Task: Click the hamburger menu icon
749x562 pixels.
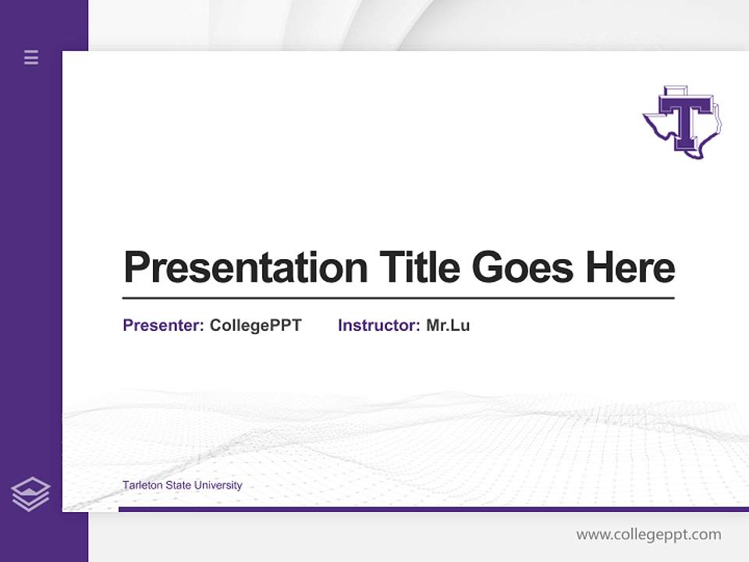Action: point(31,57)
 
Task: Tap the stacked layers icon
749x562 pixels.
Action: point(30,494)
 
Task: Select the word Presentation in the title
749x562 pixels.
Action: point(246,268)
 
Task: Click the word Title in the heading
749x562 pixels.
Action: point(419,267)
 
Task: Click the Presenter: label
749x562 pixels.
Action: point(163,325)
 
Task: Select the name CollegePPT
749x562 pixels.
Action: point(255,325)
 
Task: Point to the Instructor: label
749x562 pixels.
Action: point(378,325)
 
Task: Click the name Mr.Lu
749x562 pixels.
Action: point(448,325)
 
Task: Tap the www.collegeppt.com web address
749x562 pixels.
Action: point(648,535)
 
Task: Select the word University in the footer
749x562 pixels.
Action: point(218,486)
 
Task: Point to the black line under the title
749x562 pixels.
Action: point(398,297)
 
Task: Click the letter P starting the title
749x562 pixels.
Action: point(137,267)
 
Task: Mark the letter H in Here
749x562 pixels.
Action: point(599,267)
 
